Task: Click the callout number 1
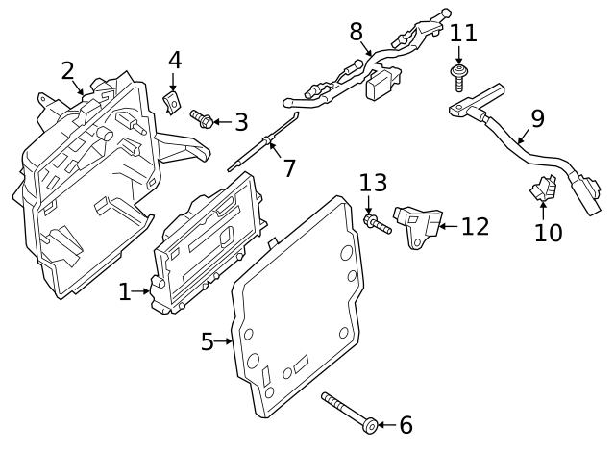124,291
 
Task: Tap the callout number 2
67,70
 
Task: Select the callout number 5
207,341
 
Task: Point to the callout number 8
357,33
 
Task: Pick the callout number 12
475,227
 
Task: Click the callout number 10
549,233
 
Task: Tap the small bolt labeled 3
202,118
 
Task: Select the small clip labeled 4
174,98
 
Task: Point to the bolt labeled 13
376,224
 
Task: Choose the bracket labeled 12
419,226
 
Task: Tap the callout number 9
537,118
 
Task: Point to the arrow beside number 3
220,121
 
